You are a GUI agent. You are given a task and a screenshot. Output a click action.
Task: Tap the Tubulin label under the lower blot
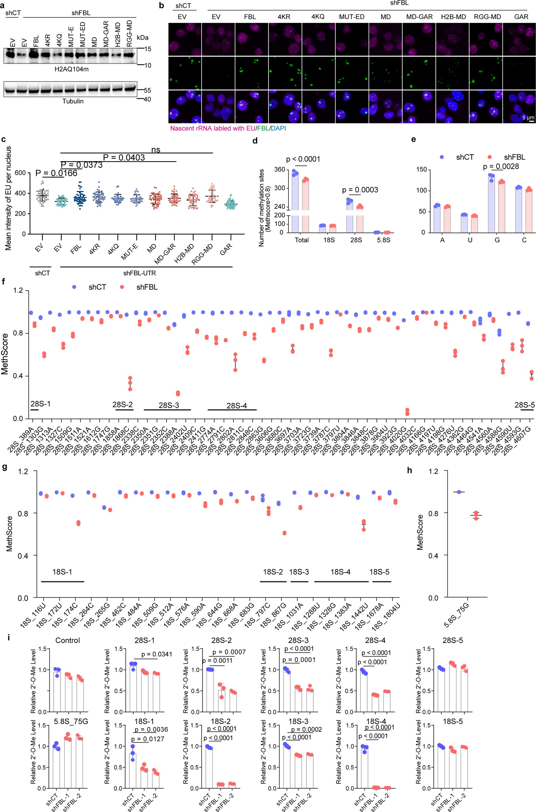(72, 101)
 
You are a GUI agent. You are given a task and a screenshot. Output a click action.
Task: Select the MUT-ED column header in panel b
(351, 16)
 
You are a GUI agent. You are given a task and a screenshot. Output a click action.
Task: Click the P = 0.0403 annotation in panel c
(124, 157)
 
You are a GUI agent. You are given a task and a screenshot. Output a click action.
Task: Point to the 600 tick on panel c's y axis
(20, 173)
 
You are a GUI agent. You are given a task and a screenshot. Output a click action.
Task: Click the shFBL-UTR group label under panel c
(139, 273)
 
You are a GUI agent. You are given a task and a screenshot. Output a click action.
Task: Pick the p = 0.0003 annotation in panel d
(360, 190)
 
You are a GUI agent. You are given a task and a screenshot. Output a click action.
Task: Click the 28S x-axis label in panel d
(356, 240)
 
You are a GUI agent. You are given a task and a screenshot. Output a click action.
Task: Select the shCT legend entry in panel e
(464, 157)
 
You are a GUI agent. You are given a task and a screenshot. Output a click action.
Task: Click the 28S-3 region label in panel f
(168, 405)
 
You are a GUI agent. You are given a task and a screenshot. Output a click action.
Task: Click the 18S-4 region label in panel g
(340, 572)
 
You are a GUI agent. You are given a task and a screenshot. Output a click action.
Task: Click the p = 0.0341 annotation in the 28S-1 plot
(157, 654)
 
